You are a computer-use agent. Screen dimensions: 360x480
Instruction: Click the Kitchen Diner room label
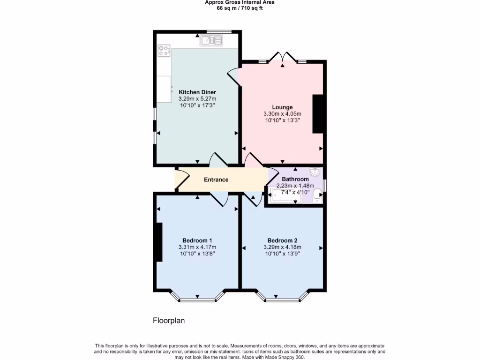point(197,92)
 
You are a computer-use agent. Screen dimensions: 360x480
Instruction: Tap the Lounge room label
point(282,107)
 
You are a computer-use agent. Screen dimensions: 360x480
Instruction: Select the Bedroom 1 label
point(197,240)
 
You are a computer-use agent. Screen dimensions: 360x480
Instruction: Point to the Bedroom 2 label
point(282,240)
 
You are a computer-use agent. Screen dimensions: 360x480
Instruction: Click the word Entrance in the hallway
point(216,180)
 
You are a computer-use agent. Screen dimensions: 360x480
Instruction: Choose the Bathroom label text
point(295,179)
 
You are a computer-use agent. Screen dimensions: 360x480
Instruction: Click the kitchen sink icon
point(212,41)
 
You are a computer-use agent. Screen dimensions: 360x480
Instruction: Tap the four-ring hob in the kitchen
point(164,50)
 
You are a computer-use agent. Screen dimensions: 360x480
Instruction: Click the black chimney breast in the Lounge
point(318,114)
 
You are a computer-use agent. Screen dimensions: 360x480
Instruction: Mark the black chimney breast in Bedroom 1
point(159,242)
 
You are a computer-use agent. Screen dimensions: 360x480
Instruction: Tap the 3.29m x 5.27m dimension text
point(197,99)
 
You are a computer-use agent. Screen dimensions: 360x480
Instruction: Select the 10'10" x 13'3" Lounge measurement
point(282,120)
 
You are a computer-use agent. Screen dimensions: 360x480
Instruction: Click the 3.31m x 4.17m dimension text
point(197,247)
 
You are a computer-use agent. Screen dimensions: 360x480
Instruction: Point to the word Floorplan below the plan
point(169,321)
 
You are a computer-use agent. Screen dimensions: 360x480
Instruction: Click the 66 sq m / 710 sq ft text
point(240,8)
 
